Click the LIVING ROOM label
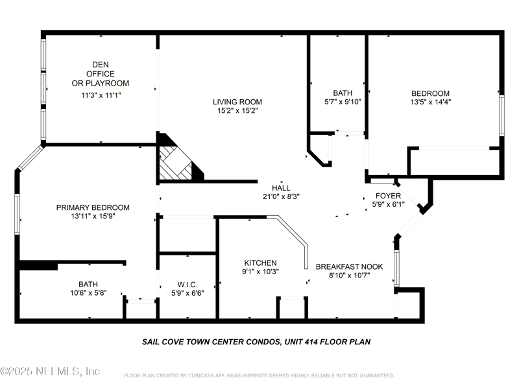pyautogui.click(x=237, y=102)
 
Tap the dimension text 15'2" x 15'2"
pyautogui.click(x=237, y=110)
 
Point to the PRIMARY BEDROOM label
pyautogui.click(x=93, y=207)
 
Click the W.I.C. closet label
pyautogui.click(x=187, y=285)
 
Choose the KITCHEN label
pyautogui.click(x=260, y=263)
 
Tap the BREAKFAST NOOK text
pyautogui.click(x=349, y=266)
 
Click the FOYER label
pyautogui.click(x=388, y=196)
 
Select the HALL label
pyautogui.click(x=281, y=188)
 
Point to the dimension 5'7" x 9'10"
pyautogui.click(x=343, y=102)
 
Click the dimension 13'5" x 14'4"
pyautogui.click(x=431, y=102)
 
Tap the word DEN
pyautogui.click(x=101, y=64)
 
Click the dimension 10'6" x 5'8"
pyautogui.click(x=88, y=293)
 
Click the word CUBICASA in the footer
pyautogui.click(x=202, y=375)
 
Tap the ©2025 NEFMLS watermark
pyautogui.click(x=50, y=371)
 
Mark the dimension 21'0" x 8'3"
pyautogui.click(x=281, y=196)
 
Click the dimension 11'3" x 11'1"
pyautogui.click(x=101, y=95)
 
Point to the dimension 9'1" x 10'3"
pyautogui.click(x=260, y=272)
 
